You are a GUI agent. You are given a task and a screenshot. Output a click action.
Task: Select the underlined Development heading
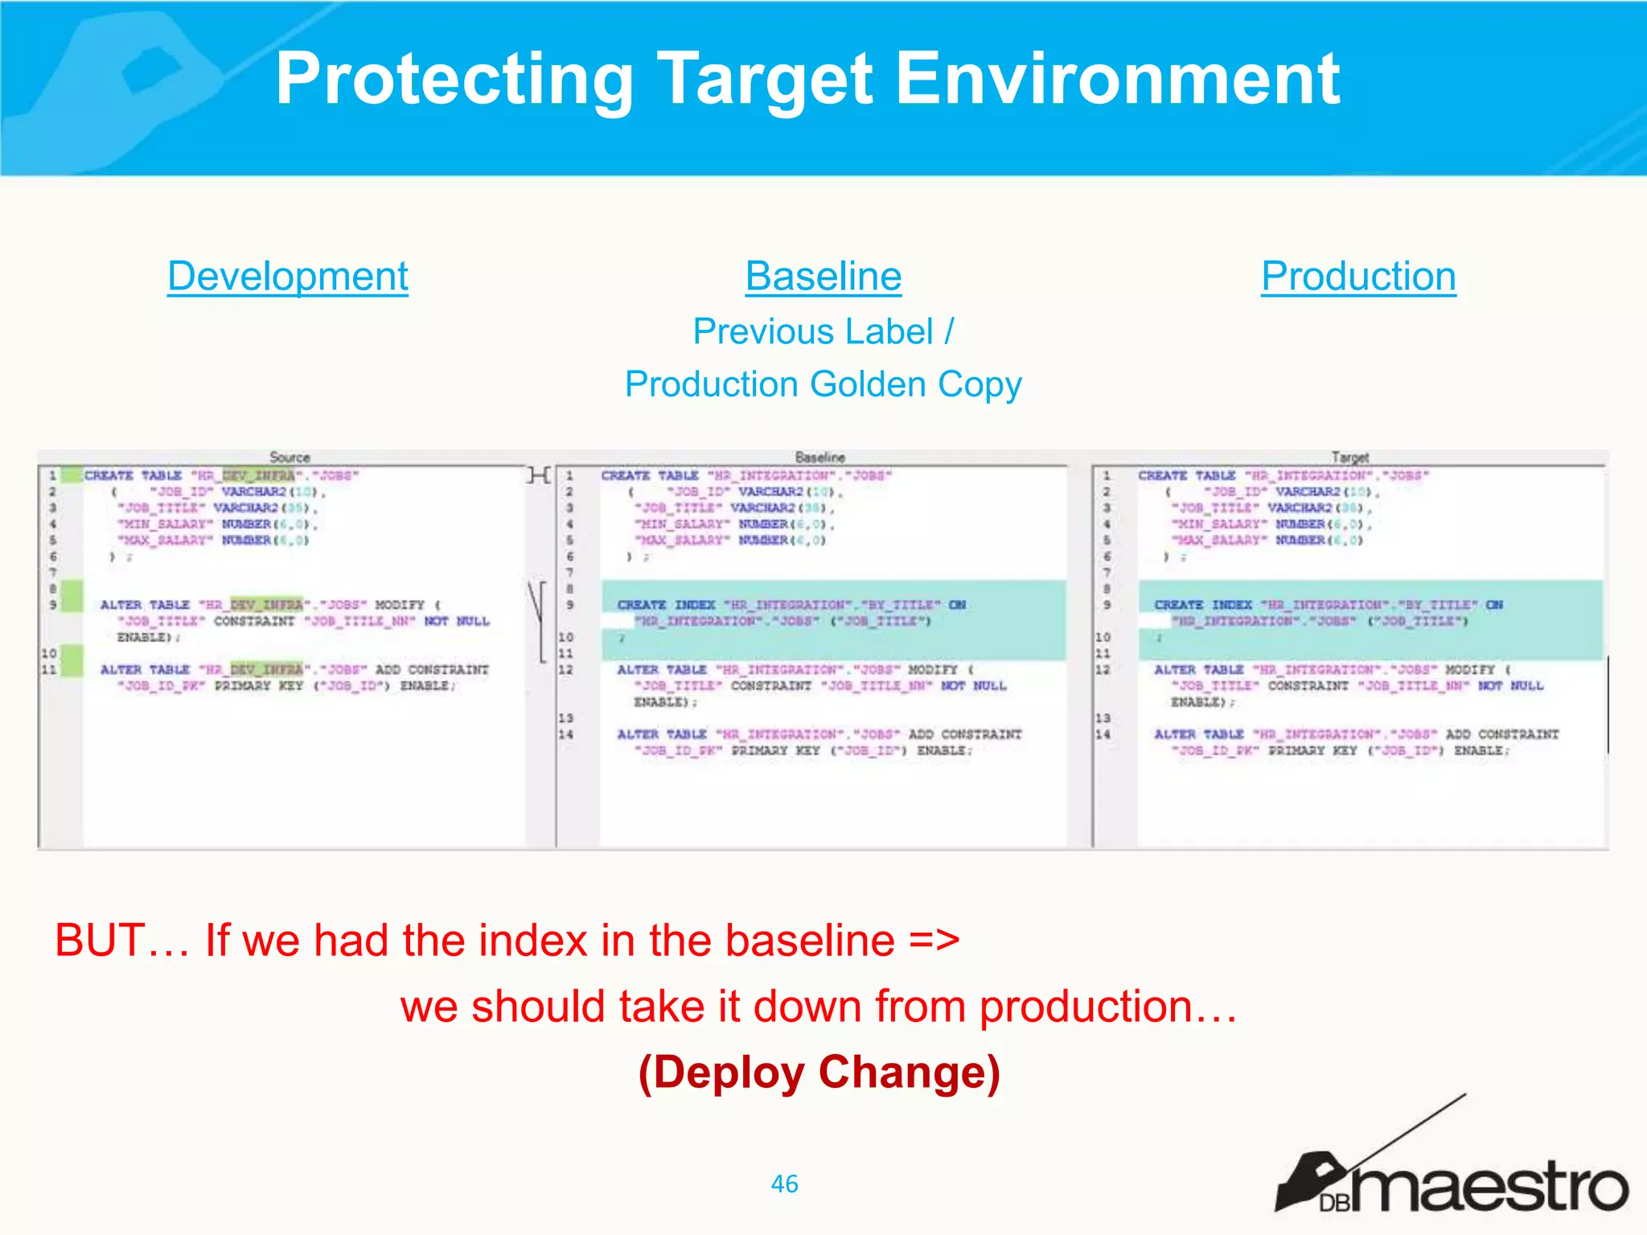[287, 277]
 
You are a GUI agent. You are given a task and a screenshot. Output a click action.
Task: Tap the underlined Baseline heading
[823, 277]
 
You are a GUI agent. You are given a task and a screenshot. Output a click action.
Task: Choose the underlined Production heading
[1357, 277]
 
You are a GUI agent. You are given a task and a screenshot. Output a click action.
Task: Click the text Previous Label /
[823, 331]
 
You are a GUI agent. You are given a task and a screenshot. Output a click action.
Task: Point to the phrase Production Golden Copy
[823, 384]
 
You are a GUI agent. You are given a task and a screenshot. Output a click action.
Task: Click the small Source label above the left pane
[290, 457]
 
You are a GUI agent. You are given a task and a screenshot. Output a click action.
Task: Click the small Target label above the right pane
[1349, 457]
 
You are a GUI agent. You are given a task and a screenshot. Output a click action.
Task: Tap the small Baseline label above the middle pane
[819, 457]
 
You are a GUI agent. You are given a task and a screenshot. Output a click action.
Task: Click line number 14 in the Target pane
[1103, 735]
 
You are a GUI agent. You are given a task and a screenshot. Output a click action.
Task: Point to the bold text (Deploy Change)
[819, 1073]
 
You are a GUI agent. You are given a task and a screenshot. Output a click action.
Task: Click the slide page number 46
[784, 1184]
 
